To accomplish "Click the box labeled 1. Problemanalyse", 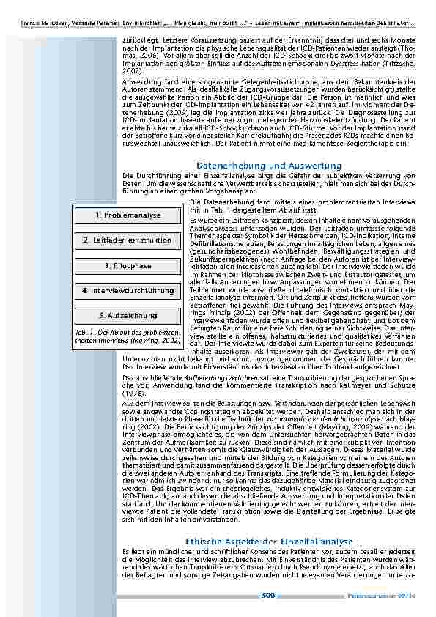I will pyautogui.click(x=128, y=215).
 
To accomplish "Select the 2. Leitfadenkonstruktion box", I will pyautogui.click(x=128, y=240).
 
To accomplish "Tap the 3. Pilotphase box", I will pyautogui.click(x=128, y=265).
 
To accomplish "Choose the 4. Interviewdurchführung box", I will pyautogui.click(x=128, y=290).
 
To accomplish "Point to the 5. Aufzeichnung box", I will pyautogui.click(x=128, y=315).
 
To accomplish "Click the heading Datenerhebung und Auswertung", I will pyautogui.click(x=269, y=166).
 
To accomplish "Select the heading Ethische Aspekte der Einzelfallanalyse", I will pyautogui.click(x=269, y=520).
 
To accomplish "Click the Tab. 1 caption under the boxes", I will pyautogui.click(x=128, y=336).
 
